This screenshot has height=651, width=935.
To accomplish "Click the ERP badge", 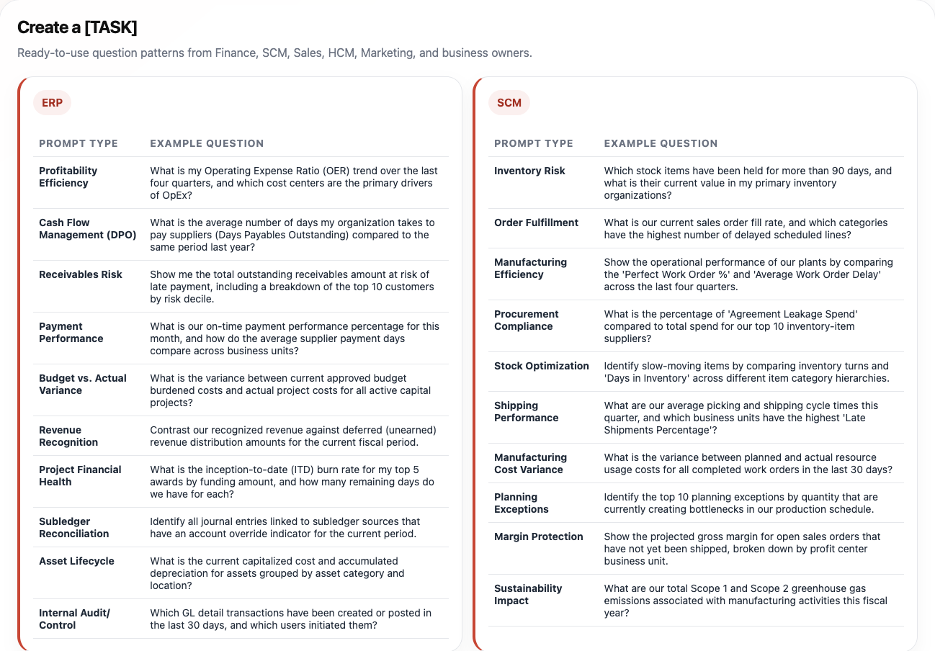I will point(52,103).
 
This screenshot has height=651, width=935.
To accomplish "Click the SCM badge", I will point(509,103).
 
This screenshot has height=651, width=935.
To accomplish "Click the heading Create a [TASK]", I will point(77,27).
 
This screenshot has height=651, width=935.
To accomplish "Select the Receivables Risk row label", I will point(81,274).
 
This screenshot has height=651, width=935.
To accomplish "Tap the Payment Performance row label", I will point(71,332).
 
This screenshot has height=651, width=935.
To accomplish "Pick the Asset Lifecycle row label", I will point(76,561).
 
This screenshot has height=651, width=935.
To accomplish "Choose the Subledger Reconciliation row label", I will point(74,527).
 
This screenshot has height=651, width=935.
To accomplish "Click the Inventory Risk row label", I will point(529,171).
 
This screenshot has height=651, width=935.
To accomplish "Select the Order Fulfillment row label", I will point(536,223).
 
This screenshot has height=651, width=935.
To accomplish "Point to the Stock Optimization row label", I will point(542,366).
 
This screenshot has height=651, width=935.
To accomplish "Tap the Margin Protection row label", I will point(539,536).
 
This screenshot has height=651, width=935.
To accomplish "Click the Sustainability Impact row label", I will point(528,594).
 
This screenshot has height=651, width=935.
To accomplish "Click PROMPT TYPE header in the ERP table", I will point(79,143).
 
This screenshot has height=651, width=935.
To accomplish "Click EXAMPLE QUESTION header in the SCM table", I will point(661,143).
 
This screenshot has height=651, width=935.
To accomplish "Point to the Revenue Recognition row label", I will point(68,436).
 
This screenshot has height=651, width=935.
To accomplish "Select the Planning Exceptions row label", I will point(522,503).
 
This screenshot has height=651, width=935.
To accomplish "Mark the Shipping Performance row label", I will point(527,411).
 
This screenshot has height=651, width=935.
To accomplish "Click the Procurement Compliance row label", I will point(527,320).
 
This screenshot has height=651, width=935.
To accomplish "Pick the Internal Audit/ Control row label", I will point(74,619).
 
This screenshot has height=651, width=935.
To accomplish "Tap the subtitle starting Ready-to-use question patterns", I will point(274,53).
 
